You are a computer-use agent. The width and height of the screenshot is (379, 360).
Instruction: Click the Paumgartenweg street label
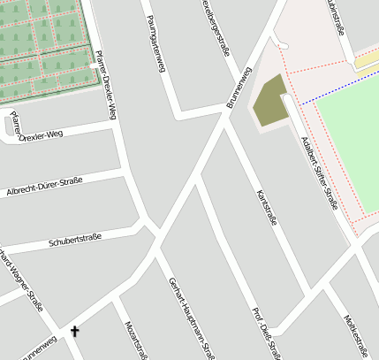(158, 42)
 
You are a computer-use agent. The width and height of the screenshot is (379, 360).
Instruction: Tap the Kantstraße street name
(266, 206)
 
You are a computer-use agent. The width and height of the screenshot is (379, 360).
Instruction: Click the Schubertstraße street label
(75, 239)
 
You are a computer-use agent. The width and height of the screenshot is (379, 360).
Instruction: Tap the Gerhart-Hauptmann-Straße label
(192, 318)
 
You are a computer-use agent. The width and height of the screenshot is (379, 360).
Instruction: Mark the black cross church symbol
(74, 333)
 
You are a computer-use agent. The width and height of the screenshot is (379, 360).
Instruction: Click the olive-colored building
(271, 101)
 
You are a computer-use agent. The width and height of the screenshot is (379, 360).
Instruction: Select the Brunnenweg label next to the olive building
(239, 88)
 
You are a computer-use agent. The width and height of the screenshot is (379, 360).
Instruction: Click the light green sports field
(349, 142)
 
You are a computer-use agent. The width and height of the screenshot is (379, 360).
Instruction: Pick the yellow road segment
(366, 60)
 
